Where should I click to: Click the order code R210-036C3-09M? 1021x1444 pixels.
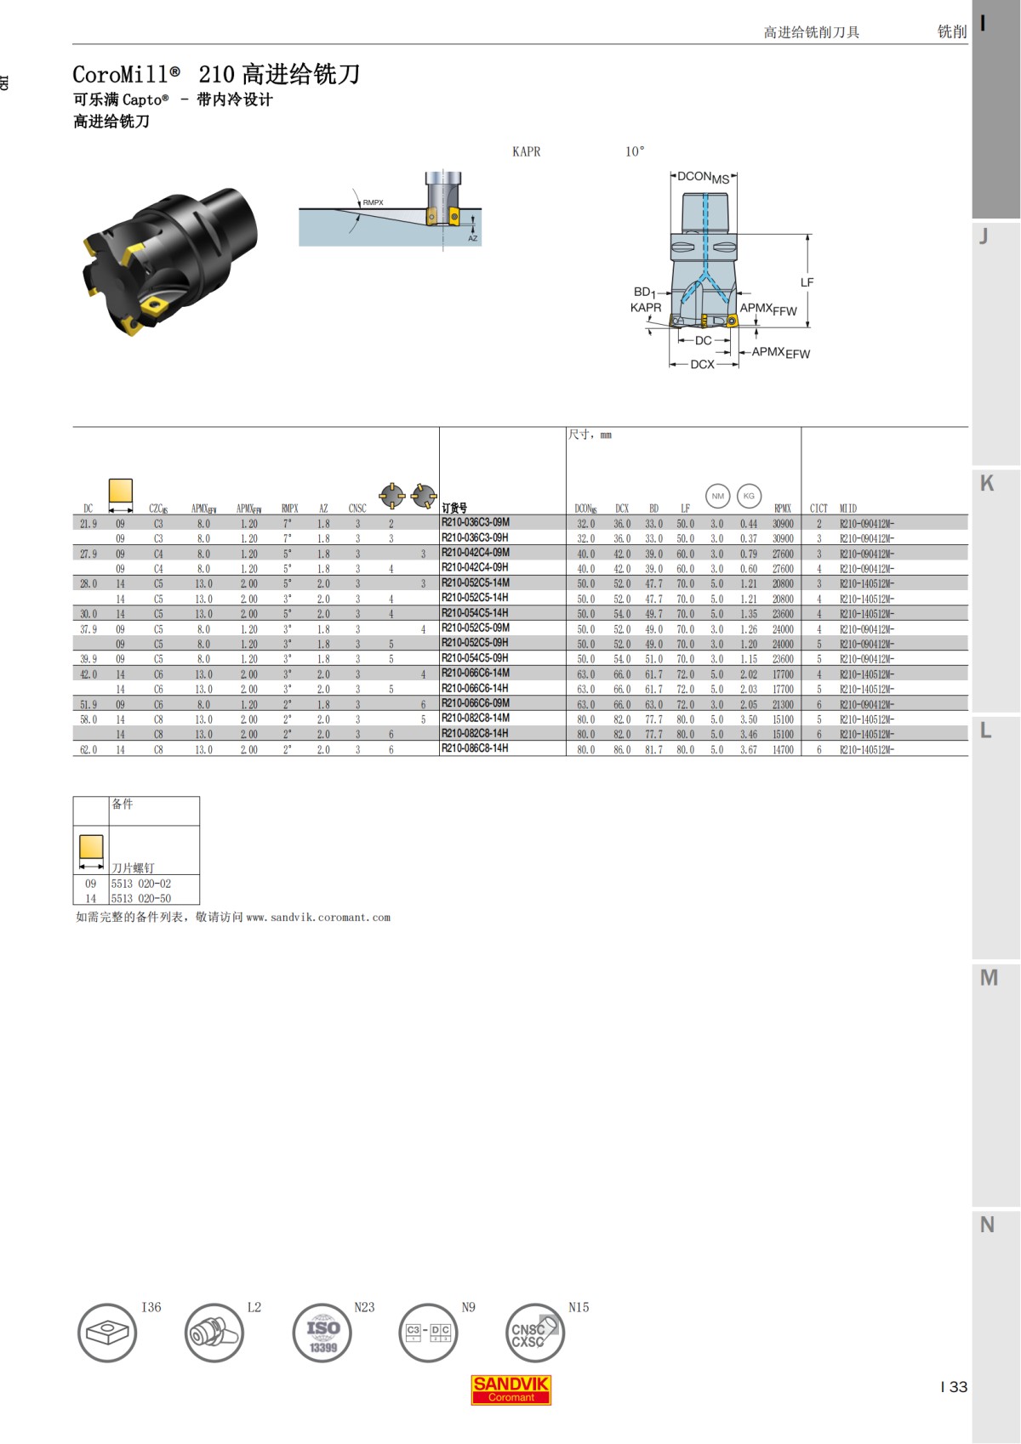pyautogui.click(x=475, y=523)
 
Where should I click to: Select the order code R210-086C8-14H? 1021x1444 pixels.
pyautogui.click(x=475, y=749)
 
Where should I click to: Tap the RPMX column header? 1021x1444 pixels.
pyautogui.click(x=782, y=509)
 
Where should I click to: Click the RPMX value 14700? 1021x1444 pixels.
pyautogui.click(x=782, y=750)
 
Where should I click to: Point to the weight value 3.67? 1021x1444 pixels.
pyautogui.click(x=748, y=750)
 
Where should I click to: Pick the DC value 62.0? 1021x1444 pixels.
pyautogui.click(x=88, y=750)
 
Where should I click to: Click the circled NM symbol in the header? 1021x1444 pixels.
pyautogui.click(x=717, y=496)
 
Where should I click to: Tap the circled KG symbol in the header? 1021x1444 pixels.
pyautogui.click(x=749, y=496)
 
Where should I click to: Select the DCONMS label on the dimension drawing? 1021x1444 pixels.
pyautogui.click(x=703, y=177)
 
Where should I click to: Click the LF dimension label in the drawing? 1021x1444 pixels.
pyautogui.click(x=807, y=282)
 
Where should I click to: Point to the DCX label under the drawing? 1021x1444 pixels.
pyautogui.click(x=702, y=364)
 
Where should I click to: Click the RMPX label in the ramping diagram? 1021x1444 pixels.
pyautogui.click(x=373, y=202)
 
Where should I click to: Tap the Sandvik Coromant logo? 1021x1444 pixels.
pyautogui.click(x=510, y=1390)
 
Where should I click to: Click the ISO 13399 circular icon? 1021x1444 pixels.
pyautogui.click(x=322, y=1333)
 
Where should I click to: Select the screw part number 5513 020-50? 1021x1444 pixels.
pyautogui.click(x=141, y=898)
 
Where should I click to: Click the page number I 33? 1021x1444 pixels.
pyautogui.click(x=954, y=1387)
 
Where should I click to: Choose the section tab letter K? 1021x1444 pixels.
pyautogui.click(x=987, y=484)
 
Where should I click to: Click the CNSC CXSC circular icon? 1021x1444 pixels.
pyautogui.click(x=533, y=1333)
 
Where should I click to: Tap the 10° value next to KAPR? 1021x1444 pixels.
pyautogui.click(x=635, y=151)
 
